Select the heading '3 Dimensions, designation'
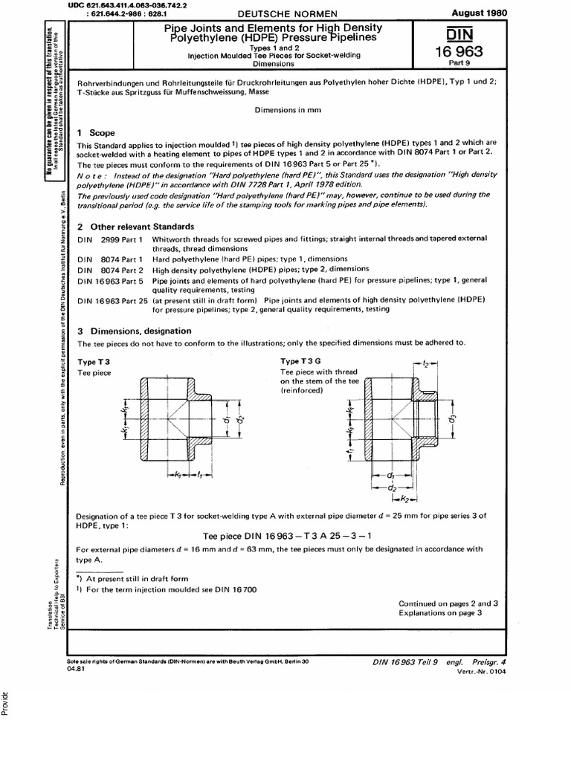134,331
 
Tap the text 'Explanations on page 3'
441,613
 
